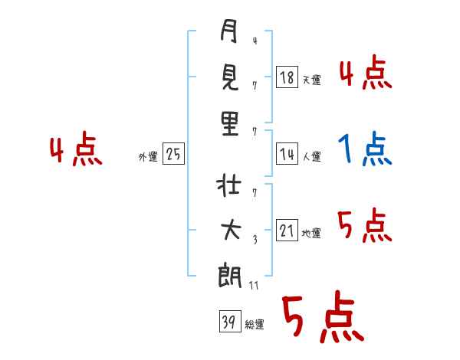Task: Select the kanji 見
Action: point(229,79)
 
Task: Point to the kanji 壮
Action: point(229,186)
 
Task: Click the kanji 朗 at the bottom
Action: point(229,273)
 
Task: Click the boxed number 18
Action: point(287,77)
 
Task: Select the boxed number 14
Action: point(287,154)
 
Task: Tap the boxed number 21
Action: point(287,231)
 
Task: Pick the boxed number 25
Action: point(173,154)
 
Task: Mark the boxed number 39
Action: point(228,322)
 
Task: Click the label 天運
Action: point(311,79)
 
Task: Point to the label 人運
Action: point(311,156)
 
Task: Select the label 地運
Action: point(311,234)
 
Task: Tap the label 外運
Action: point(148,156)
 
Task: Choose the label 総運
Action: point(254,325)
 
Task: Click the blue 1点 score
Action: point(365,149)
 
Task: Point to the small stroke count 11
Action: point(255,285)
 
